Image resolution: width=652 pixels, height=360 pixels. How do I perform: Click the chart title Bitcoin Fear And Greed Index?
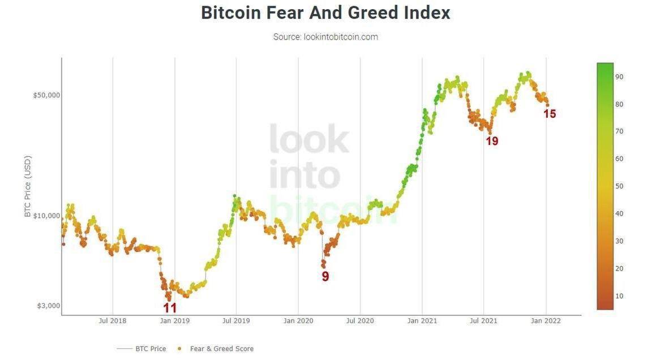coord(325,12)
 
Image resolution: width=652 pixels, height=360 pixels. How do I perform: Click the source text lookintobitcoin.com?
coord(325,37)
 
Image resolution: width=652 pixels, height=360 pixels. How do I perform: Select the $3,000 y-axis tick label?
coord(49,306)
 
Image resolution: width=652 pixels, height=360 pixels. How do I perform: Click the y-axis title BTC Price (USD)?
coord(28,187)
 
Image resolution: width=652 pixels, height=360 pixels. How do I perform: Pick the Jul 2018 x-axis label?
coord(113,321)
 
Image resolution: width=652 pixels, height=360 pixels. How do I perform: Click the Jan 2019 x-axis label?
coord(175,321)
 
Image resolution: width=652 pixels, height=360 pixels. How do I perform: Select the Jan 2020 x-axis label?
coord(298,321)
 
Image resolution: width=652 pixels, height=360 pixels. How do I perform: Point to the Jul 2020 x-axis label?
coord(360,321)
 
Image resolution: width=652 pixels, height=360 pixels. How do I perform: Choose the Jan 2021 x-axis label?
coord(422,321)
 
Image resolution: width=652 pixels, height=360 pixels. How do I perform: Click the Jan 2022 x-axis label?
coord(546,321)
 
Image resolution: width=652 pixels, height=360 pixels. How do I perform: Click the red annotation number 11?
coord(170,308)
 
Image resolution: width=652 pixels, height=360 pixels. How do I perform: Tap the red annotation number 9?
coord(325,277)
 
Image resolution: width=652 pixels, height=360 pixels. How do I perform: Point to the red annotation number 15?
coord(550,114)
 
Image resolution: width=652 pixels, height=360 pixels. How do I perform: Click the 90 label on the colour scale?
coord(619,77)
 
